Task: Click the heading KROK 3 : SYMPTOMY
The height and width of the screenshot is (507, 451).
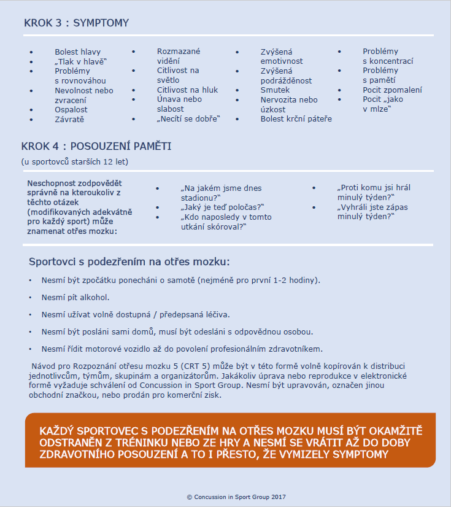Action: [x=76, y=23]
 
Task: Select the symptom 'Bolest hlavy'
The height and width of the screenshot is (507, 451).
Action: [x=77, y=52]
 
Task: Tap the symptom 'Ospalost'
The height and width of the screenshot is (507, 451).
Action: [x=71, y=109]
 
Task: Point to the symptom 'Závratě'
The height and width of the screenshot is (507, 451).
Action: [x=69, y=119]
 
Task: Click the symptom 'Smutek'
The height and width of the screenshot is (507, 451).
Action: [x=275, y=90]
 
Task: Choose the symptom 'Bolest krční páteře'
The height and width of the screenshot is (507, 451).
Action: [x=296, y=118]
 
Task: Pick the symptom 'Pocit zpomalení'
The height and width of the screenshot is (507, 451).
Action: [x=392, y=90]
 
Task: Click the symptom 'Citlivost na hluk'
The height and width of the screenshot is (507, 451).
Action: [x=187, y=90]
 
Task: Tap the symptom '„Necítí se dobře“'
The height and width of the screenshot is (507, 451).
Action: [x=188, y=118]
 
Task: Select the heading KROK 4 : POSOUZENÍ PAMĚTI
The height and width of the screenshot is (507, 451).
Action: [x=96, y=147]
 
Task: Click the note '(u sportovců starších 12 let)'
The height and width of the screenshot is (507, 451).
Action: [x=75, y=161]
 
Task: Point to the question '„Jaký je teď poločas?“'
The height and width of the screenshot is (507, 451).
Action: [x=222, y=207]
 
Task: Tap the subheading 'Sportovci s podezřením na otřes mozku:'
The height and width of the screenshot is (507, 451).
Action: [x=129, y=262]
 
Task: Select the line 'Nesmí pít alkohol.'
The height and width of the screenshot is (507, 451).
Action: [x=75, y=297]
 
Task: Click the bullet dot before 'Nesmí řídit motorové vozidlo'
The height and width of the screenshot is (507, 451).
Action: [x=31, y=349]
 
